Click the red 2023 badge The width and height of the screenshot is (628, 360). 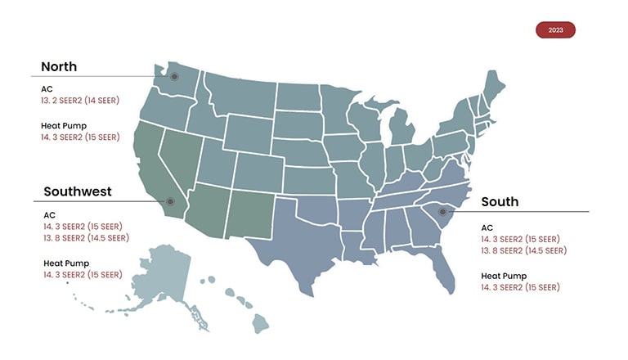(555, 30)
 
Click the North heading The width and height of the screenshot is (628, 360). (59, 67)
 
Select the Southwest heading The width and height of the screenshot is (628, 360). (77, 192)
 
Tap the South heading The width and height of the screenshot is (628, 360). (500, 202)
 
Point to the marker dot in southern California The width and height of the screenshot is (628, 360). (170, 201)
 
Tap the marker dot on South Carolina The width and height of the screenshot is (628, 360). (442, 211)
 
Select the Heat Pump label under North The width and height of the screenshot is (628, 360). (65, 126)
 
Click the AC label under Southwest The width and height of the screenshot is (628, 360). (49, 215)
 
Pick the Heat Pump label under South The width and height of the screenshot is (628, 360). (504, 276)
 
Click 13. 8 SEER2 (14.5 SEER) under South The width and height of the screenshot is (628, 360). (523, 250)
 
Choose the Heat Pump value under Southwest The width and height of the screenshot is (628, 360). (83, 275)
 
